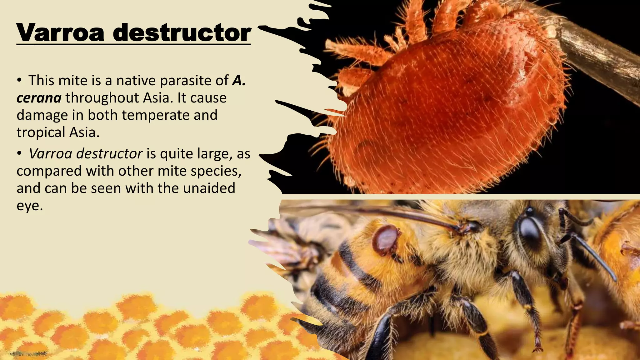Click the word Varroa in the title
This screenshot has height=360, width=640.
pyautogui.click(x=61, y=33)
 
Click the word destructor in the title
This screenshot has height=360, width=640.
pyautogui.click(x=182, y=33)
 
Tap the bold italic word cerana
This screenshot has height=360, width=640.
pyautogui.click(x=39, y=98)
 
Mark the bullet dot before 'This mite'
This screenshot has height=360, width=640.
pyautogui.click(x=19, y=81)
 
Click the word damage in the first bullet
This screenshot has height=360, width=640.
pyautogui.click(x=42, y=115)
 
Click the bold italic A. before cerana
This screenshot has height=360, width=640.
pyautogui.click(x=239, y=81)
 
